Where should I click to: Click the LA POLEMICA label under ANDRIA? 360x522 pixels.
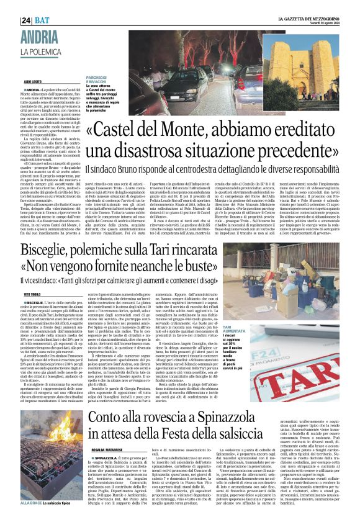pyautogui.click(x=58, y=51)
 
